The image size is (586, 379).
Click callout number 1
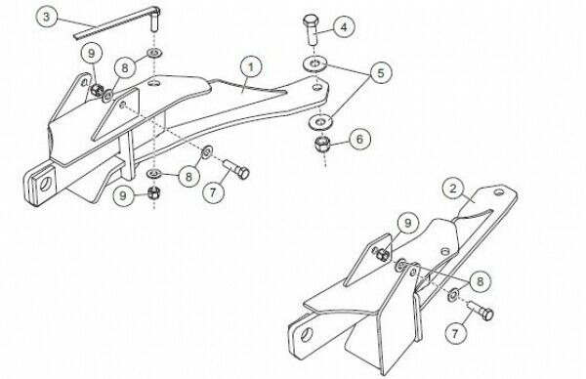[x=251, y=66]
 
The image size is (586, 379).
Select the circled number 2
[x=453, y=189]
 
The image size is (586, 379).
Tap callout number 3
[x=46, y=17]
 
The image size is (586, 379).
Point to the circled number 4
[x=344, y=27]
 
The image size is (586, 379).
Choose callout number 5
[x=381, y=72]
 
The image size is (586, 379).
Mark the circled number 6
[x=359, y=139]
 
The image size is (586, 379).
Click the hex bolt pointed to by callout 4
[x=311, y=30]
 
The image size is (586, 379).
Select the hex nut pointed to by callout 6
[x=321, y=144]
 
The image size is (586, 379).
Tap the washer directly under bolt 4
[x=314, y=63]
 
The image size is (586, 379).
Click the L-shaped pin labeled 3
[x=118, y=23]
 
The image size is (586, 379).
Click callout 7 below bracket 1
[x=213, y=192]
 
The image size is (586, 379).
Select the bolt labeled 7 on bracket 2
[x=481, y=310]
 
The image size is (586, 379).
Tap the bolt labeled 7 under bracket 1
[x=236, y=169]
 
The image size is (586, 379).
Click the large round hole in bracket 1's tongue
[x=46, y=184]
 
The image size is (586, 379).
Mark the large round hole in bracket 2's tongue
[x=308, y=334]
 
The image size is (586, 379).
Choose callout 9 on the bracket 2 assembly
[x=407, y=223]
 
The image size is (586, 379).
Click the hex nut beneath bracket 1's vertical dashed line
[x=154, y=192]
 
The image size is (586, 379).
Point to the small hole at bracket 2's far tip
[x=499, y=192]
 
